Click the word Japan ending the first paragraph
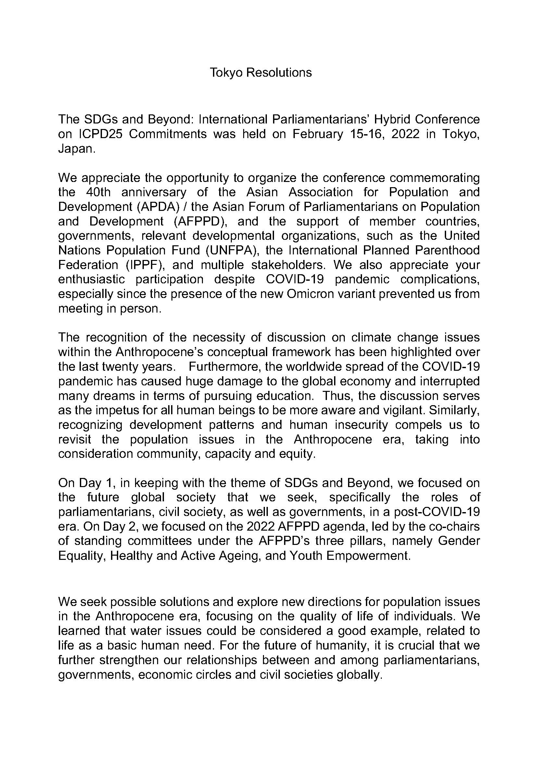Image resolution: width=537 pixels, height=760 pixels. point(76,148)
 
